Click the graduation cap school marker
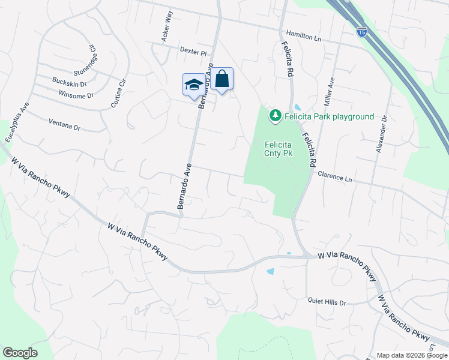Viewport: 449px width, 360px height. coord(193,84)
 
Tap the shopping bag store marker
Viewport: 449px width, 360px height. coord(221,79)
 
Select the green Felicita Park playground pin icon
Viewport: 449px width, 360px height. coord(276,115)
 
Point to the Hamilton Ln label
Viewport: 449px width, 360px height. coord(303,36)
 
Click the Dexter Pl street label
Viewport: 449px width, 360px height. coord(193,52)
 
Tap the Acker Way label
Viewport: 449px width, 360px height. coord(167,26)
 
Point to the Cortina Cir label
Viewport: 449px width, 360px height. coord(119,94)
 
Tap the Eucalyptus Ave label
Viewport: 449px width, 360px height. coord(17,122)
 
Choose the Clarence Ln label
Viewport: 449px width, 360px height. coord(334,177)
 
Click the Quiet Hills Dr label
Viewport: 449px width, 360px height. coord(327,302)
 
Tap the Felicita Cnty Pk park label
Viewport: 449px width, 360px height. coord(279,148)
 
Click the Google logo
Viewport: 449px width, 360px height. coord(20,353)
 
